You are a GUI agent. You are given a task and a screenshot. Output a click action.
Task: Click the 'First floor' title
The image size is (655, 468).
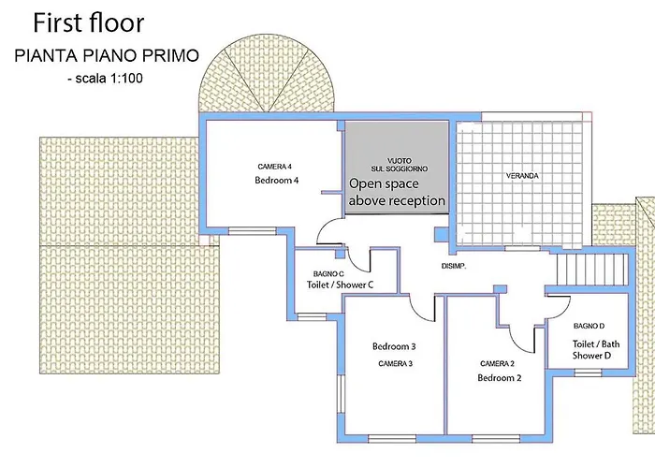click(89, 23)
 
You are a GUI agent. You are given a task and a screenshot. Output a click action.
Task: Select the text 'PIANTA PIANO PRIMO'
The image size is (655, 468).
click(107, 55)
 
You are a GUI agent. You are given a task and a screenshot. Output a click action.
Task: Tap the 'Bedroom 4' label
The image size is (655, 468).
click(277, 181)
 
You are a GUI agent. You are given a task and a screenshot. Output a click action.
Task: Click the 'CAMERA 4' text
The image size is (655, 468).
click(274, 167)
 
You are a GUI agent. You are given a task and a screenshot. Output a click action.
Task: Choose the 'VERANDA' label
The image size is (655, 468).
click(522, 176)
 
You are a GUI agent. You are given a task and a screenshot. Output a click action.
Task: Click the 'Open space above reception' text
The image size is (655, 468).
click(397, 192)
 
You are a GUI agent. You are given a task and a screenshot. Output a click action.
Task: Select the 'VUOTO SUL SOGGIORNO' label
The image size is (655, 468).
click(400, 165)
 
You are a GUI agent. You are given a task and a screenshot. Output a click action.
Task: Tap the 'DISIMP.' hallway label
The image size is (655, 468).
click(454, 266)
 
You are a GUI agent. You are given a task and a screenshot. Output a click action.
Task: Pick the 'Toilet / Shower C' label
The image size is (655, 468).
click(340, 285)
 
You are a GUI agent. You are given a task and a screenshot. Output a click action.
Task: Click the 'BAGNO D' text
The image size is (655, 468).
click(589, 326)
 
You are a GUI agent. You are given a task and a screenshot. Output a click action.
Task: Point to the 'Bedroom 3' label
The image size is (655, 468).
click(394, 346)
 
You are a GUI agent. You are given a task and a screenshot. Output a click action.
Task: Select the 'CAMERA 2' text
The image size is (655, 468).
click(497, 363)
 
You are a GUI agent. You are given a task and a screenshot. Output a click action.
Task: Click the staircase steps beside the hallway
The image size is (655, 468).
click(592, 270)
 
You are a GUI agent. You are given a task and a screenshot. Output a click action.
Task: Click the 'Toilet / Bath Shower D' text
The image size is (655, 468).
click(596, 350)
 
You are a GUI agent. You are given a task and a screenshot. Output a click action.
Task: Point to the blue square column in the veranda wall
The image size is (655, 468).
click(441, 234)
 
